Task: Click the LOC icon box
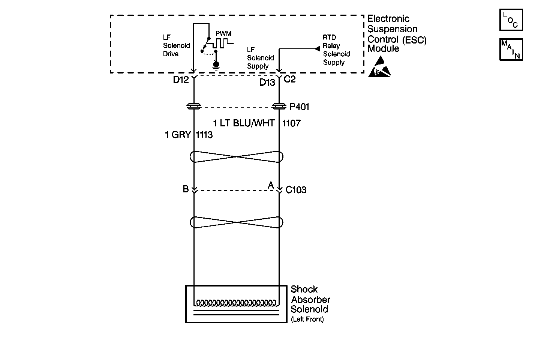(x=511, y=20)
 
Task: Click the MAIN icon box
(x=511, y=49)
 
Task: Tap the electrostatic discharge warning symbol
(x=379, y=67)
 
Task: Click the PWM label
(x=223, y=33)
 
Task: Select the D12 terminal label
(x=181, y=80)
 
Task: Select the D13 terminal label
(x=267, y=82)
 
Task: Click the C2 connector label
(x=290, y=79)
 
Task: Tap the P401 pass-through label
(x=300, y=107)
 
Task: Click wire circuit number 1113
(x=204, y=135)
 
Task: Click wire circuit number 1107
(x=291, y=123)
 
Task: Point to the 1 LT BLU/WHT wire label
(x=244, y=123)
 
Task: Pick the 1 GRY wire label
(x=178, y=135)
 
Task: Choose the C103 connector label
(x=296, y=190)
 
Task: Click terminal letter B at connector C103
(x=186, y=189)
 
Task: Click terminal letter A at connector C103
(x=271, y=185)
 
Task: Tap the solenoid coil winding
(x=236, y=303)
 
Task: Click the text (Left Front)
(x=307, y=319)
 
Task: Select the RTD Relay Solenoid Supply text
(x=336, y=50)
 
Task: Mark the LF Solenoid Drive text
(x=176, y=46)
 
